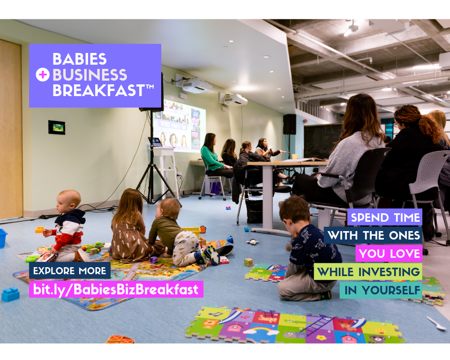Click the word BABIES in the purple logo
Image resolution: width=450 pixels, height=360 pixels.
pyautogui.click(x=79, y=59)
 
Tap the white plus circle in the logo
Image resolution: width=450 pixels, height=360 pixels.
pyautogui.click(x=42, y=75)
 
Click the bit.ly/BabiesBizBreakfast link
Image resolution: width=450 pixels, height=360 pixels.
pyautogui.click(x=116, y=289)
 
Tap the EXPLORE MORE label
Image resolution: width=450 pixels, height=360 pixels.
pyautogui.click(x=69, y=271)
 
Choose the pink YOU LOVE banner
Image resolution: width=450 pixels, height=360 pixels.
pyautogui.click(x=389, y=254)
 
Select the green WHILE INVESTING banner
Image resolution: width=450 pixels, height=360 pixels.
pyautogui.click(x=368, y=271)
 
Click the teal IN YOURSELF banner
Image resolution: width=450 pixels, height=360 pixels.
pyautogui.click(x=381, y=290)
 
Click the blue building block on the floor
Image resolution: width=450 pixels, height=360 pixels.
pyautogui.click(x=10, y=294)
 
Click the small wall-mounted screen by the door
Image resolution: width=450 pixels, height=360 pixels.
pyautogui.click(x=56, y=127)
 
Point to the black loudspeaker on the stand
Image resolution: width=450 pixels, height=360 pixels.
pyautogui.click(x=289, y=124)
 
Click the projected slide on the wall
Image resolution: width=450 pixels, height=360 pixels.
pyautogui.click(x=179, y=126)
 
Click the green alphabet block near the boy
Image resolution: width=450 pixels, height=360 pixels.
pyautogui.click(x=248, y=262)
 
